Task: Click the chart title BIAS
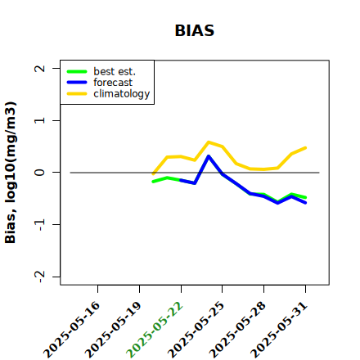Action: (195, 30)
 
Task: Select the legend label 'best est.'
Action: (115, 71)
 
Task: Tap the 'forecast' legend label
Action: (113, 83)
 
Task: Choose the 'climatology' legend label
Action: (122, 94)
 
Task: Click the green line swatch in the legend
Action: (77, 71)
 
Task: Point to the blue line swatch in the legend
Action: (77, 83)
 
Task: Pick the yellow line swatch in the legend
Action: (77, 94)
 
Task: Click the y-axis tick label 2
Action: (40, 68)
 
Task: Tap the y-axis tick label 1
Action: (40, 120)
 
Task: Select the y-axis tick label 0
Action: (40, 173)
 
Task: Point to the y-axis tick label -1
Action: (40, 225)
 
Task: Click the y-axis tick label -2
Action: (40, 277)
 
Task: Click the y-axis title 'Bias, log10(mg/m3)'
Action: (11, 173)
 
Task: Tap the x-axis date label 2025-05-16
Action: (71, 330)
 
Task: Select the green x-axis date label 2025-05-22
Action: (155, 330)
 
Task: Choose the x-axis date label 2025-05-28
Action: (237, 330)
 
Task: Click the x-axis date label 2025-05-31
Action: (279, 330)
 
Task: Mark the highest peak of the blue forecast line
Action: (209, 156)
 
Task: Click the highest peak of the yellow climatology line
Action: (209, 142)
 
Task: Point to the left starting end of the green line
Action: (153, 182)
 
